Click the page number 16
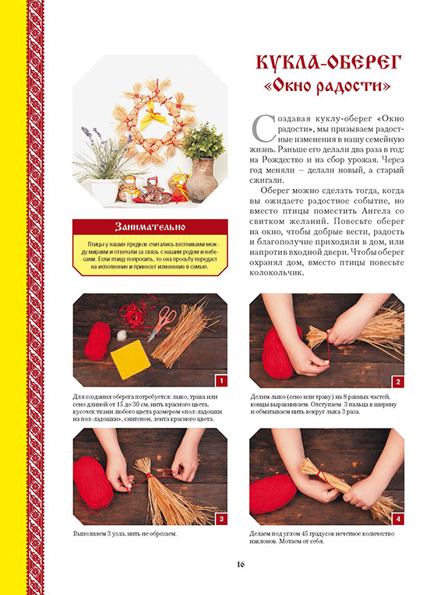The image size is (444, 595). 241,564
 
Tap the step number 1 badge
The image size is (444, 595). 221,381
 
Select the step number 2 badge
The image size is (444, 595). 398,382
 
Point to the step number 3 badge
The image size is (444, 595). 221,519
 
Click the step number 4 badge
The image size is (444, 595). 398,519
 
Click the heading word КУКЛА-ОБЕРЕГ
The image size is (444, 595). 328,63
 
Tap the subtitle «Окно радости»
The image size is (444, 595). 327,86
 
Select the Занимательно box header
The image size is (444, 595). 150,226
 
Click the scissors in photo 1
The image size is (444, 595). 163,323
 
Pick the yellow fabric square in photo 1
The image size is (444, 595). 130,359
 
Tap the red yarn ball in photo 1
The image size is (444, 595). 97,341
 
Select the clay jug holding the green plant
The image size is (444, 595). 202,180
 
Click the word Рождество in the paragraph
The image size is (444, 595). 280,160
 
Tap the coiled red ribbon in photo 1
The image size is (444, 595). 135,311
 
